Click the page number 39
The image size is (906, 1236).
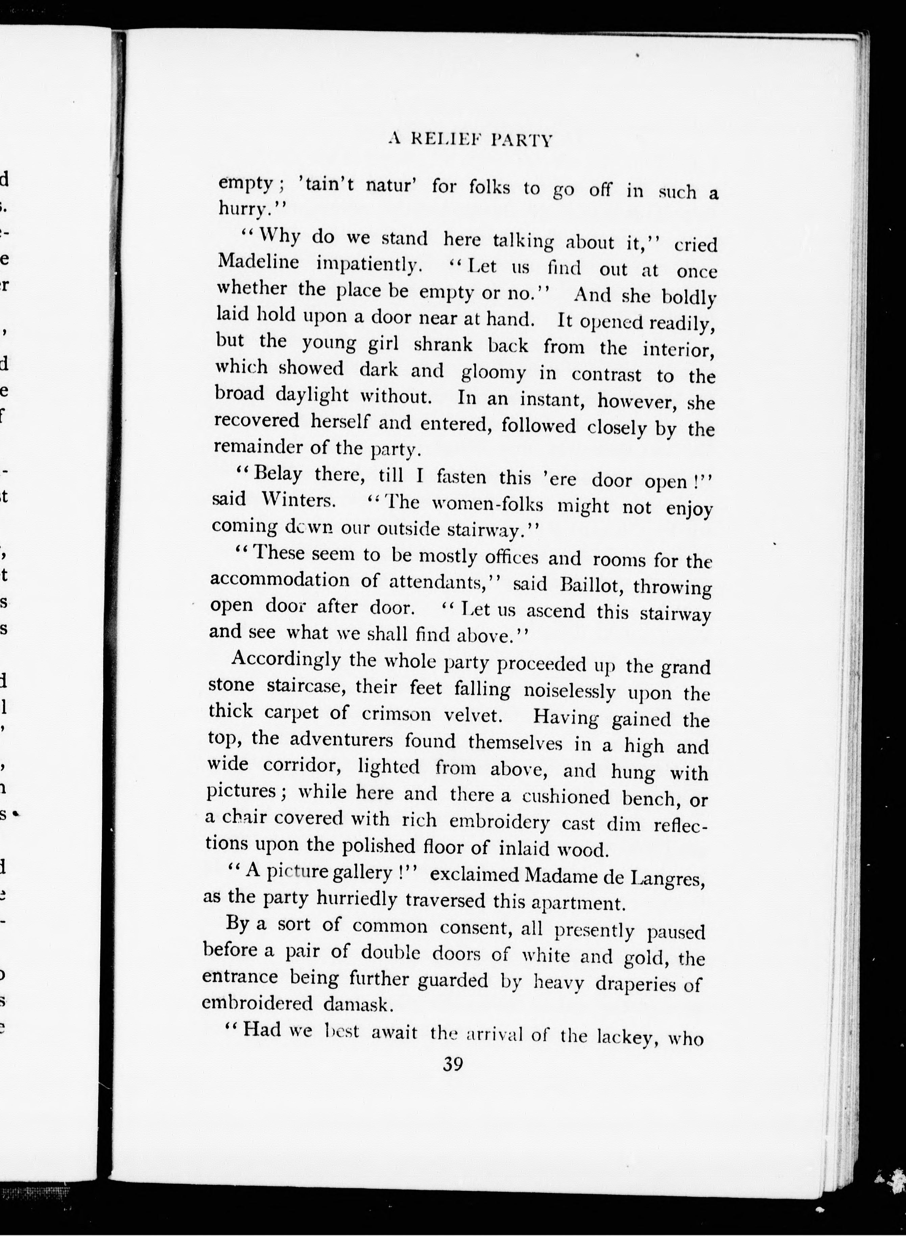pos(453,1064)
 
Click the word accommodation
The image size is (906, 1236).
pos(280,580)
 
